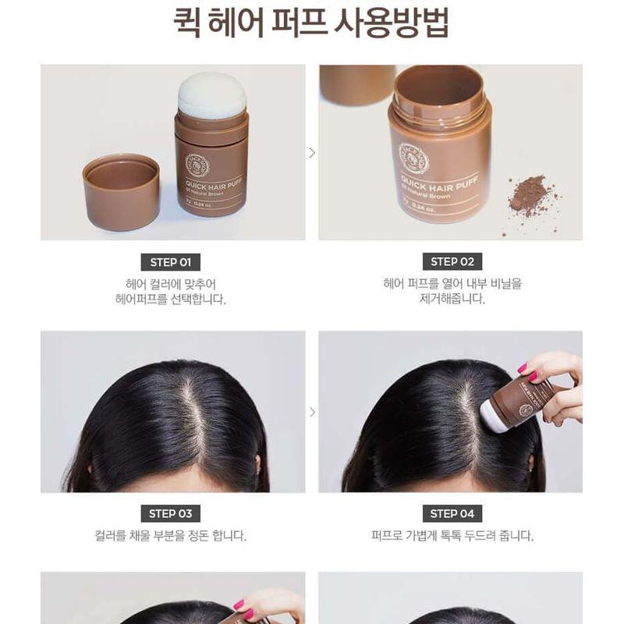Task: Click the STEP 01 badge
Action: (x=170, y=262)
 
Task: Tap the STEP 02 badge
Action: (x=452, y=262)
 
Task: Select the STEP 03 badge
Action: (x=170, y=513)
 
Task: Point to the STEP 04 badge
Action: (x=452, y=513)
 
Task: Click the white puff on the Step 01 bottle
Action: (x=211, y=95)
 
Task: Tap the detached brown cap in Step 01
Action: (x=121, y=190)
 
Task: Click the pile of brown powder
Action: (x=530, y=194)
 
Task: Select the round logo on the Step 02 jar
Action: (x=413, y=158)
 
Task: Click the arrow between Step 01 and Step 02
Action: (x=312, y=153)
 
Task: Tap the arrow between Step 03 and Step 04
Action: (x=312, y=412)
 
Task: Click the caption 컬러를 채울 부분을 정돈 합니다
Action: (x=170, y=536)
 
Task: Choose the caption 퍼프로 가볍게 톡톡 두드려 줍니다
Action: (x=452, y=536)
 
